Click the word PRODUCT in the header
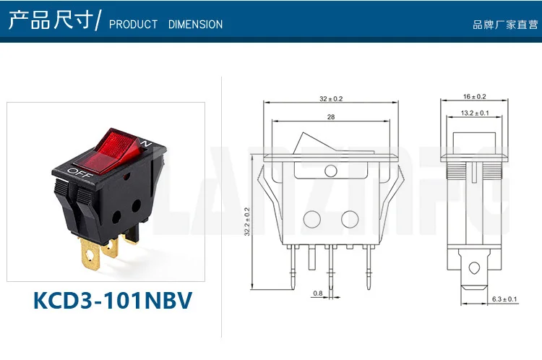[x=133, y=25]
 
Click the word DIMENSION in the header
[x=195, y=25]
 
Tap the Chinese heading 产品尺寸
[x=51, y=21]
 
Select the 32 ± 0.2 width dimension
[x=331, y=98]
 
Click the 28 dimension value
[x=330, y=116]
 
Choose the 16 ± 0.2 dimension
[x=474, y=96]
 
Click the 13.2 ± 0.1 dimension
[x=474, y=113]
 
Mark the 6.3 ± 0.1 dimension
[x=504, y=299]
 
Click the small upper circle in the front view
[x=331, y=171]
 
